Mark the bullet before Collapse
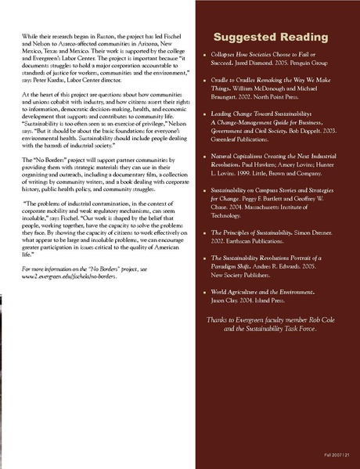[204, 57]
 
